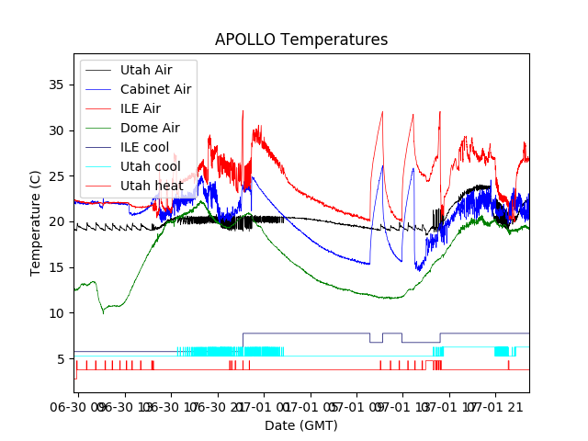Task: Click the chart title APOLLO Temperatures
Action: pos(301,40)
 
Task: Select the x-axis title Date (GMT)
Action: pos(301,425)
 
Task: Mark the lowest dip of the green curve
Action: pos(103,312)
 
